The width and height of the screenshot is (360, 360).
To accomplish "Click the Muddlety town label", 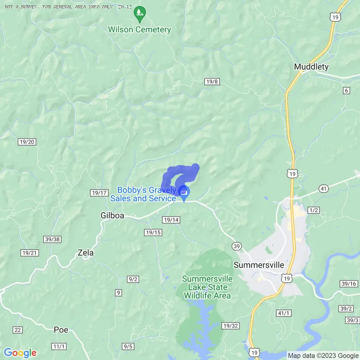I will [311, 66].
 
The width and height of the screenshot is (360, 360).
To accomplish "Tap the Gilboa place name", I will [112, 216].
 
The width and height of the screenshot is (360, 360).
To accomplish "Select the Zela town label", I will [85, 253].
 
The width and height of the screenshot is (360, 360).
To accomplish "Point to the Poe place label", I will [61, 330].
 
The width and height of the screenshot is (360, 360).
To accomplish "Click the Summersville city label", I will [258, 265].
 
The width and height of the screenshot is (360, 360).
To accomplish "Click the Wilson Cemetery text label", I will [140, 30].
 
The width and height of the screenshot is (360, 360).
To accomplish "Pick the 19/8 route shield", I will [212, 82].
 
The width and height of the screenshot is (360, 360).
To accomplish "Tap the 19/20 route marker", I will [27, 142].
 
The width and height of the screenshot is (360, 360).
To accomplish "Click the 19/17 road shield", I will [99, 193].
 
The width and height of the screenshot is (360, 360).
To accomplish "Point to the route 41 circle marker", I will [324, 188].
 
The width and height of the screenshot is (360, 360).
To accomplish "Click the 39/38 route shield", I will [52, 239].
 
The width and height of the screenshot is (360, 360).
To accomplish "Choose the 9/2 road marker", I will [133, 279].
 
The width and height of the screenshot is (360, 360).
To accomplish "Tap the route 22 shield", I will [18, 330].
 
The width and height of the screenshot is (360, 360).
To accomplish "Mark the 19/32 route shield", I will [231, 326].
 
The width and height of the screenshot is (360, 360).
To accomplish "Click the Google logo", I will [20, 353].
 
